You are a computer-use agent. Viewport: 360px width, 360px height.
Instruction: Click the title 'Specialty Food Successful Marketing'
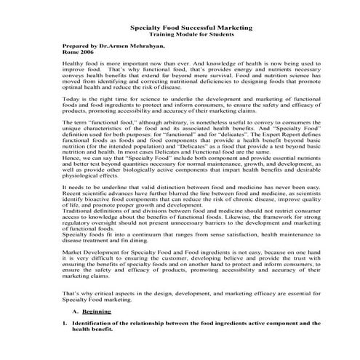tap(191, 27)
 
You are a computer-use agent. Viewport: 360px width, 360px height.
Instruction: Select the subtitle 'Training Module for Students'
tap(191, 34)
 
